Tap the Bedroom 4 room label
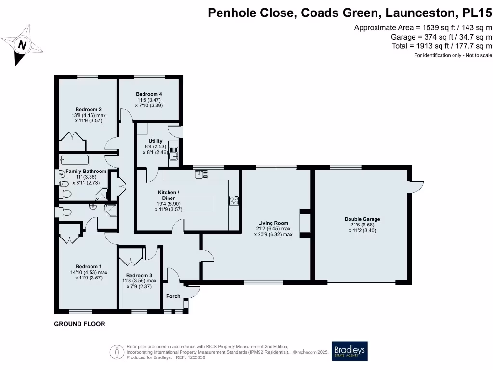(x=148, y=94)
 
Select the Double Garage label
(x=362, y=219)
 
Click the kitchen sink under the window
(x=200, y=174)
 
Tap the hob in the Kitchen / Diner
(x=234, y=200)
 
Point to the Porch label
(x=173, y=296)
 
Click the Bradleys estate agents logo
(x=350, y=351)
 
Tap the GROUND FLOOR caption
(x=79, y=324)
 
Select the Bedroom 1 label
(x=89, y=266)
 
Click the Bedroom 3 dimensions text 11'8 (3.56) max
(x=139, y=280)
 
